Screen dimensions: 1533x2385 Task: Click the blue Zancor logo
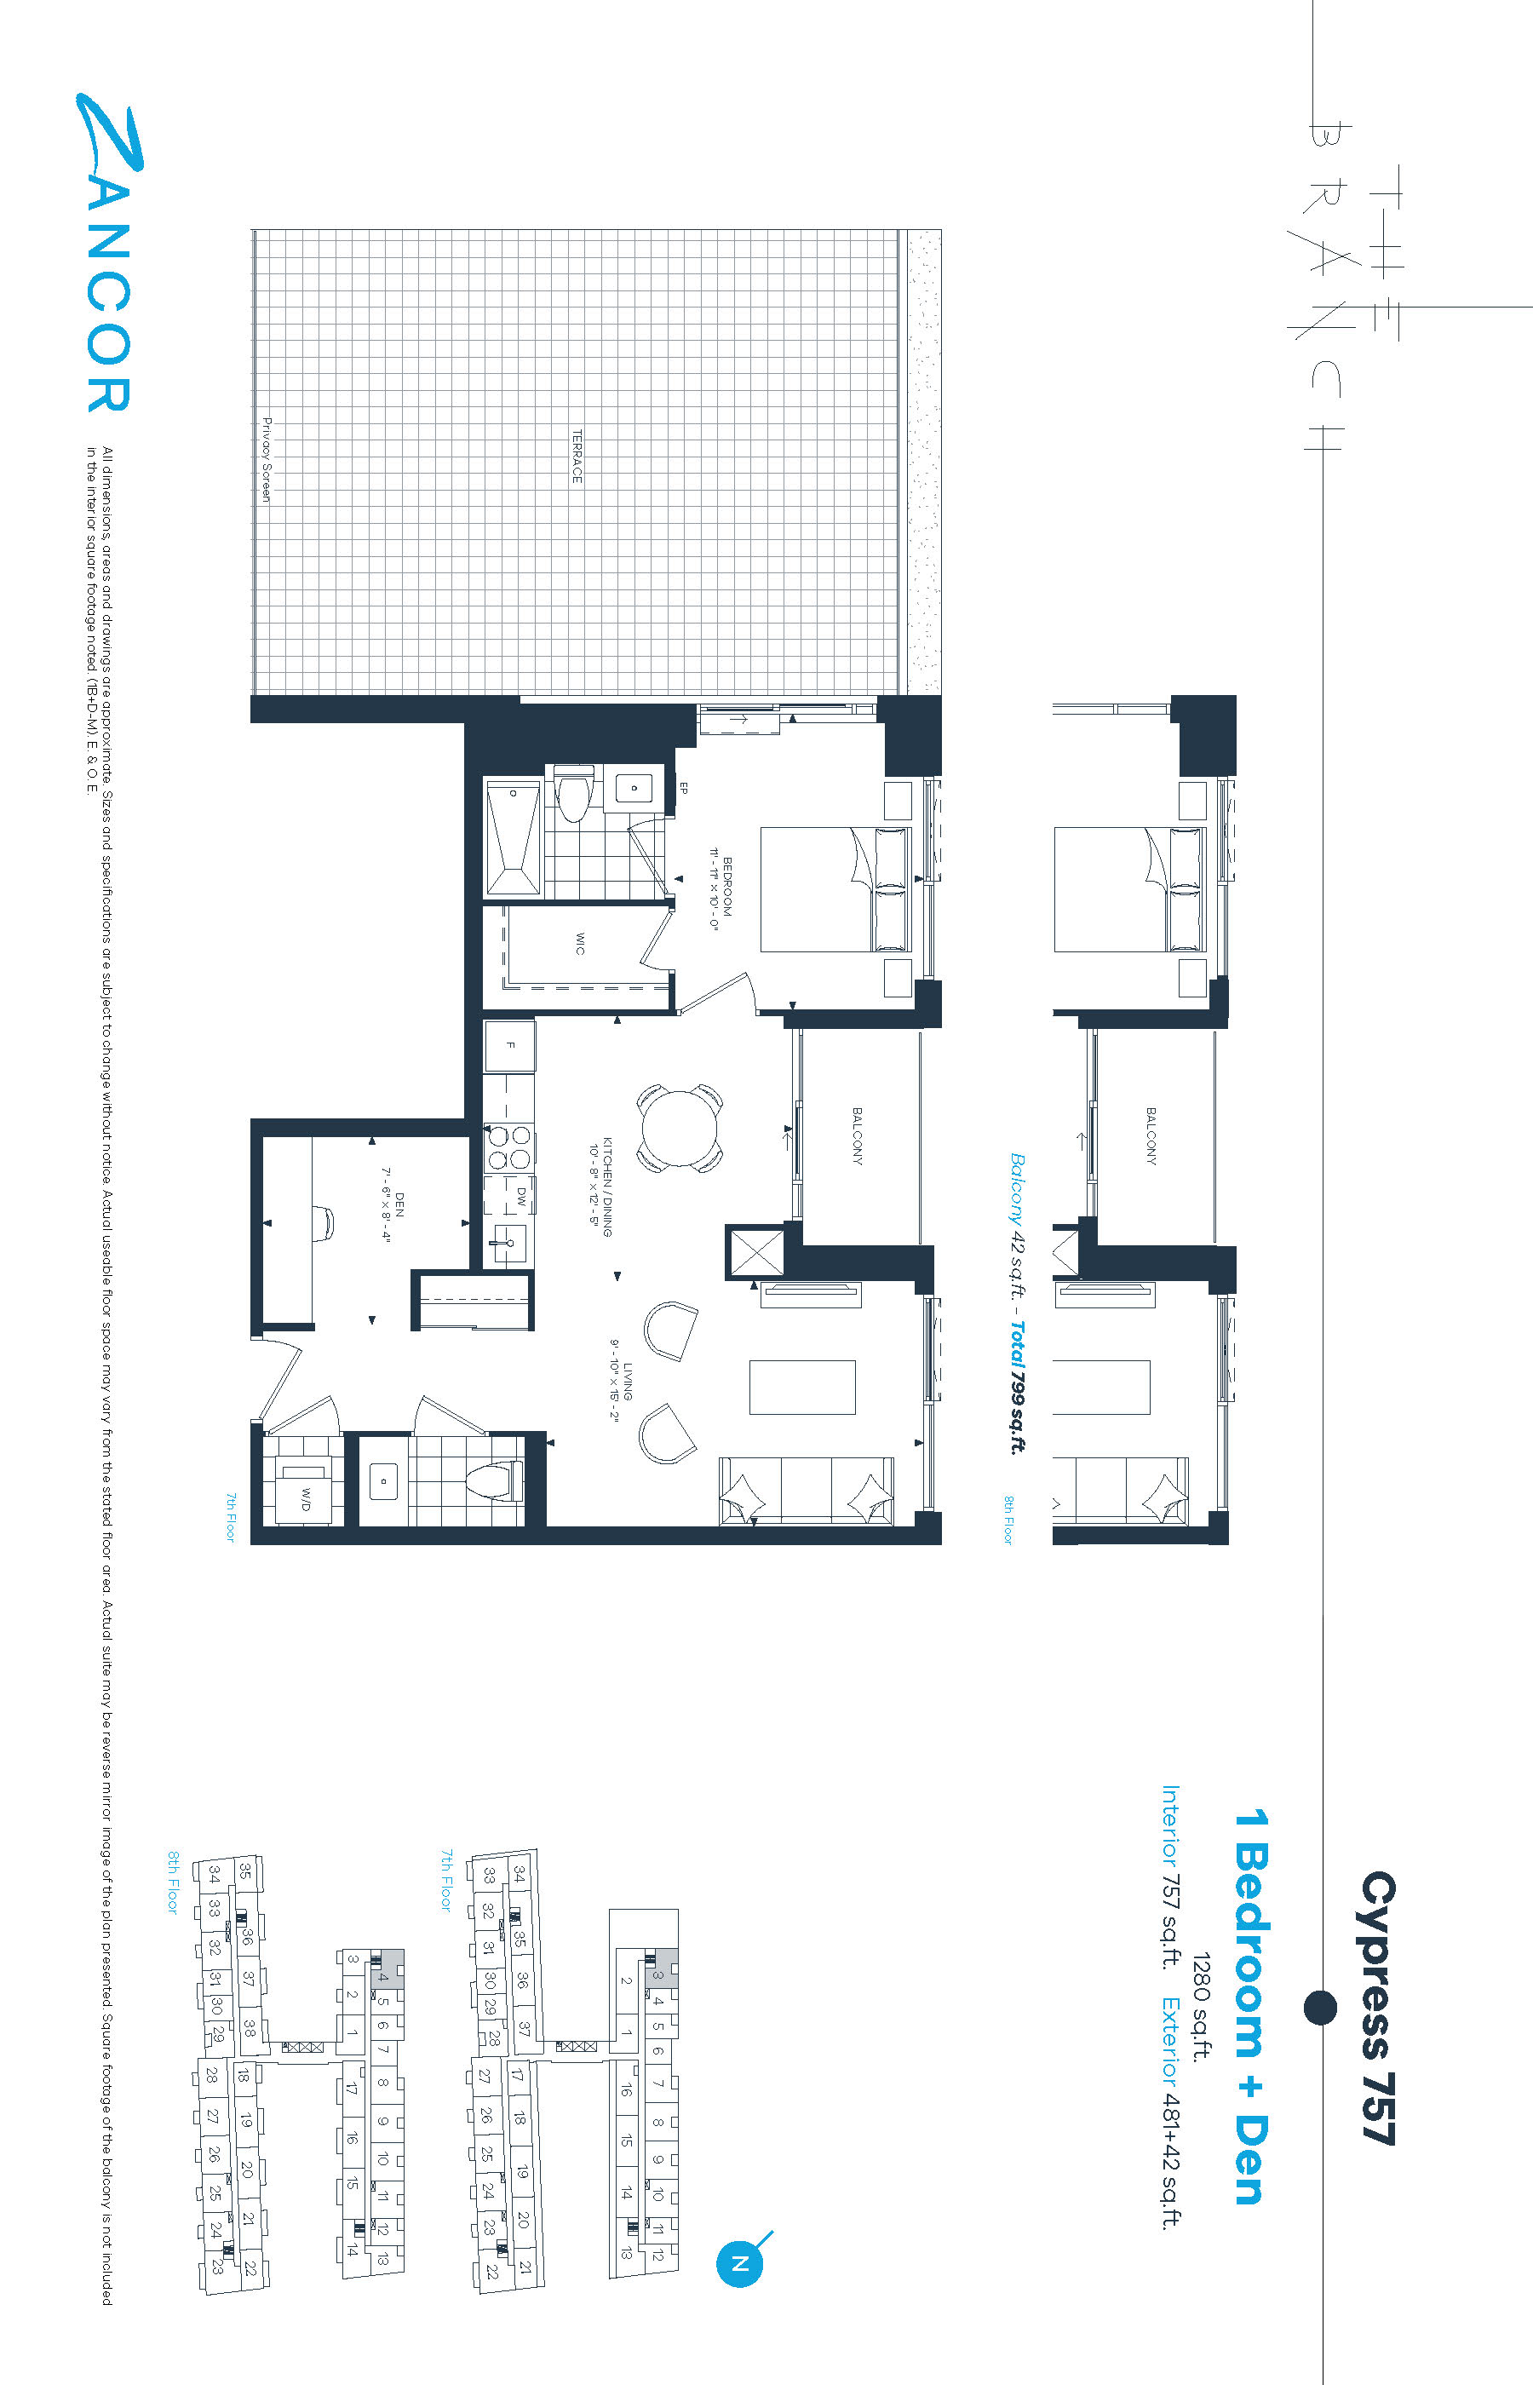click(106, 253)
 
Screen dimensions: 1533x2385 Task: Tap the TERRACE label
click(577, 457)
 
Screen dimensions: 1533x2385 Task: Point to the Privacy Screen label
click(266, 460)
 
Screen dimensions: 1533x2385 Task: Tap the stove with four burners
click(508, 1147)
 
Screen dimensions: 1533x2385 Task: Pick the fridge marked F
click(509, 1045)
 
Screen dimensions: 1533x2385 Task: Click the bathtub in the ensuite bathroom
click(513, 838)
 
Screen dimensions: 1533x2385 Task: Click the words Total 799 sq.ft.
click(1016, 1387)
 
